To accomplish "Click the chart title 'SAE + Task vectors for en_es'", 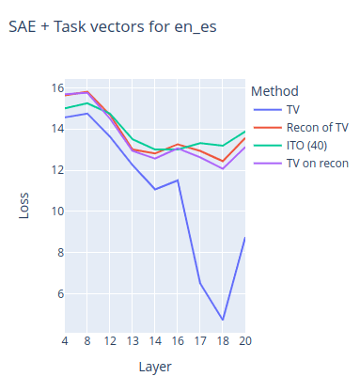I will pos(112,26).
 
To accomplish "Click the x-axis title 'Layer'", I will pos(154,366).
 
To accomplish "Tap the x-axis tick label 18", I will pos(222,338).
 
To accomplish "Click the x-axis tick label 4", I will pos(65,338).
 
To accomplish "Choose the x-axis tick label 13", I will pos(133,338).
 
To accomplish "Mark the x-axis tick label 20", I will pos(243,338).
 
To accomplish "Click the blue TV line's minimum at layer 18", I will pos(223,320).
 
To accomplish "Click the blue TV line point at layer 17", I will pos(200,283).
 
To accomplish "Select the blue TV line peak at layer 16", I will pos(178,180).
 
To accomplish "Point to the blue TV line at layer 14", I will pos(155,189).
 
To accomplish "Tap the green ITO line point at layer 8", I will pos(87,102).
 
